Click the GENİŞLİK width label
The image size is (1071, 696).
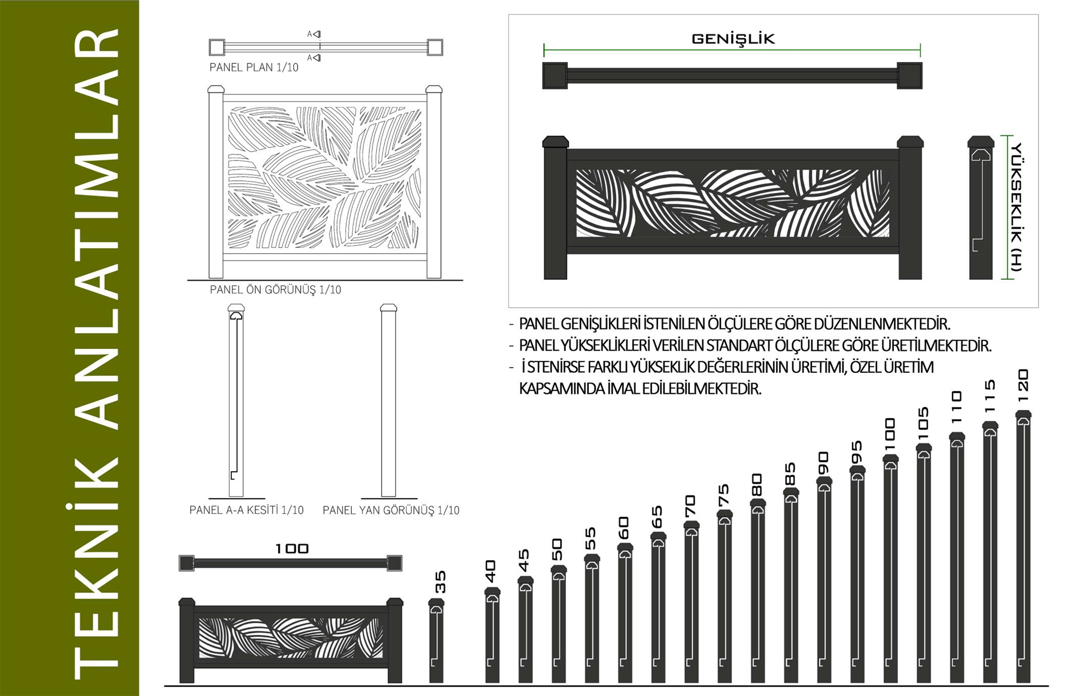tap(733, 39)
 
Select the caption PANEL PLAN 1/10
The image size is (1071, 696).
tap(254, 68)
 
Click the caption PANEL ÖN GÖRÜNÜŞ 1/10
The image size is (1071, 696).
tap(275, 290)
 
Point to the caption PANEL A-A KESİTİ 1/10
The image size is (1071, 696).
tap(246, 510)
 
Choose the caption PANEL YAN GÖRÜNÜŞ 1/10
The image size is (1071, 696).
tap(391, 510)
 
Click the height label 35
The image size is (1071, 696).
tap(440, 582)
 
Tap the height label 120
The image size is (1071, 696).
tap(1023, 386)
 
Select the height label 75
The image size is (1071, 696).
tap(724, 495)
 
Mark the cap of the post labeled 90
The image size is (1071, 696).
tap(824, 480)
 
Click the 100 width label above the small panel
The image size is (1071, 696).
tap(292, 549)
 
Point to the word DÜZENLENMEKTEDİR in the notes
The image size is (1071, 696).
tap(882, 324)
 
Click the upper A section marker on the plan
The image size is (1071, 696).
tap(314, 34)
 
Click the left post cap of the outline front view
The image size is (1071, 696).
tap(216, 89)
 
